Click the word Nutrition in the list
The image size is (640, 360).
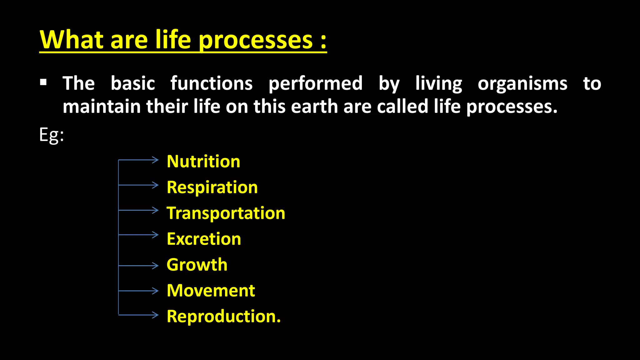tap(203, 162)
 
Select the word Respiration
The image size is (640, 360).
tap(212, 187)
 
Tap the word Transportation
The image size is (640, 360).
tap(226, 213)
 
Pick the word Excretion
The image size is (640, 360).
tap(204, 239)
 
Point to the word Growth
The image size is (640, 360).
tap(197, 265)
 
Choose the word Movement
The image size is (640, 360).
tap(211, 291)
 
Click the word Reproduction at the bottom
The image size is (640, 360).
tap(223, 316)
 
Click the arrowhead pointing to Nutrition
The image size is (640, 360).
tap(156, 160)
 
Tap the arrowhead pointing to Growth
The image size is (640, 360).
tap(156, 266)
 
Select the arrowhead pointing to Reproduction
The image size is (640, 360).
tap(156, 315)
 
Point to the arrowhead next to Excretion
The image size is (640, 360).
tap(156, 234)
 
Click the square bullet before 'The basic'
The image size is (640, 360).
tap(43, 82)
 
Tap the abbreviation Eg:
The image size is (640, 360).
tap(52, 135)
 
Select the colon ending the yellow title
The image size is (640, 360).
tap(323, 41)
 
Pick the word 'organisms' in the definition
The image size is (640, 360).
tap(522, 84)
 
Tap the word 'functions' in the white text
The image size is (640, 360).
tap(212, 83)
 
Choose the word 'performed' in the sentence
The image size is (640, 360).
tap(315, 84)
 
